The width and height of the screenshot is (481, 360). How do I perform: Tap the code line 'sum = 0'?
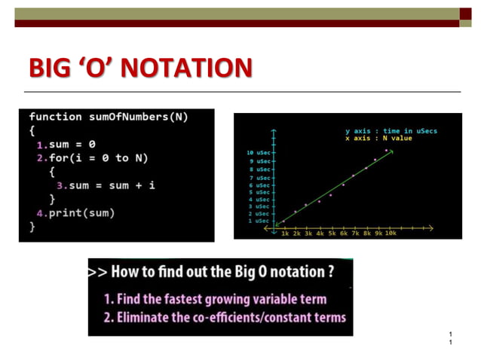tap(72, 144)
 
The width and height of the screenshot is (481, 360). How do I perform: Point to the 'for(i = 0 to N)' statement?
tap(99, 157)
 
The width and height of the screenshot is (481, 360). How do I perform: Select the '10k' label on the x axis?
tap(391, 233)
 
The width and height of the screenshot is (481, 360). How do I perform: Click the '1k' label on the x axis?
tap(285, 233)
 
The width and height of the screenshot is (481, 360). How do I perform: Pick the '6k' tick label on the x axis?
tap(344, 233)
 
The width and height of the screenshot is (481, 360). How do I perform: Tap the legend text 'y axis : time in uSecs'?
tap(391, 131)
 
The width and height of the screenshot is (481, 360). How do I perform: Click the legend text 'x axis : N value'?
tap(378, 139)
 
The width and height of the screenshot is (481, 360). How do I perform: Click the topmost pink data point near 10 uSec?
tap(386, 150)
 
